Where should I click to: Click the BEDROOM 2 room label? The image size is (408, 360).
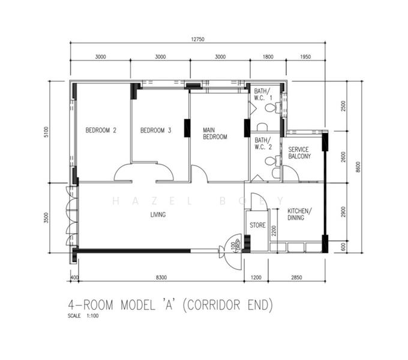click(100, 130)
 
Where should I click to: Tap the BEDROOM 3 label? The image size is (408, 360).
click(156, 130)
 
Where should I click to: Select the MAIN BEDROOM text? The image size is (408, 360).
click(214, 133)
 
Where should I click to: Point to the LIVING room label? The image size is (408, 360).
click(158, 214)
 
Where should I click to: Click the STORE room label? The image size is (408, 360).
click(257, 226)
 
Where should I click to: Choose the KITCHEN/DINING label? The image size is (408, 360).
click(299, 214)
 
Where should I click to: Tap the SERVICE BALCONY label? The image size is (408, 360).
click(299, 152)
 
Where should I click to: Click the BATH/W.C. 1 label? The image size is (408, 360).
click(263, 94)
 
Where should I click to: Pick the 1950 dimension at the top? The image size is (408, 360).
click(305, 57)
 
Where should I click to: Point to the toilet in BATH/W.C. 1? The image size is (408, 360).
click(273, 109)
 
